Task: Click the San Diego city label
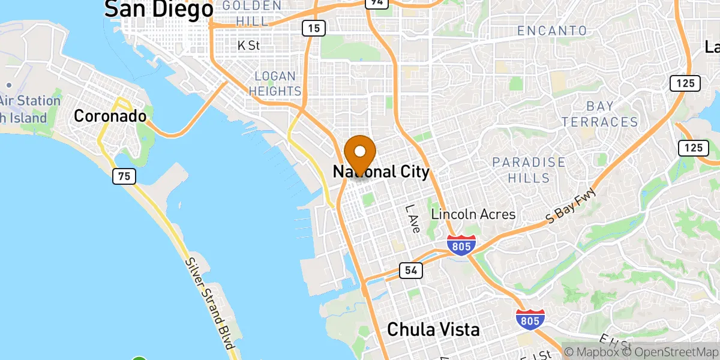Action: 159,9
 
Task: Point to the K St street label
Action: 248,45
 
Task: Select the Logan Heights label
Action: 275,83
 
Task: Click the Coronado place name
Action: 110,116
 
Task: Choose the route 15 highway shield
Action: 314,28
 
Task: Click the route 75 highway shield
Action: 124,176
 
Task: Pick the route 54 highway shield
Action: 410,271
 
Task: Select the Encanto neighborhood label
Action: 552,31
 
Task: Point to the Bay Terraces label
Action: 600,114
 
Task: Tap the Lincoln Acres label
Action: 473,214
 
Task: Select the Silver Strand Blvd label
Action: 209,304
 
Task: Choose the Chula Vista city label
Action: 433,329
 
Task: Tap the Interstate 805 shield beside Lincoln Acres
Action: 461,245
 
